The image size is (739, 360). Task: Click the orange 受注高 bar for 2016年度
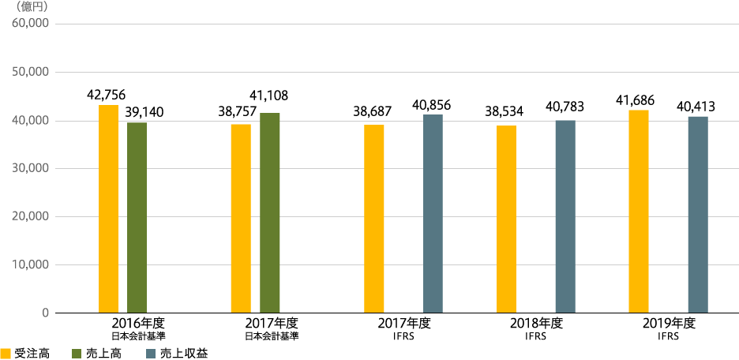[x=108, y=209]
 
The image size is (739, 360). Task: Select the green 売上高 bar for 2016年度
[x=137, y=217]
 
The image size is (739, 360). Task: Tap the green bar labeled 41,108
[x=269, y=213]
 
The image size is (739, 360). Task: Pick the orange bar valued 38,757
[x=241, y=219]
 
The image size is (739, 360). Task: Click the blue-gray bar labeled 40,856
[x=433, y=213]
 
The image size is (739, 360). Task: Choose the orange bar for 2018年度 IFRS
[x=506, y=219]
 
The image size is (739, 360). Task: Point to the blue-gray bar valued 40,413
[x=698, y=215]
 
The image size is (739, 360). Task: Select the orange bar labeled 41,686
[x=639, y=212]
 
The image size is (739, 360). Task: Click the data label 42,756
[x=106, y=96]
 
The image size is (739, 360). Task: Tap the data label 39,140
[x=144, y=111]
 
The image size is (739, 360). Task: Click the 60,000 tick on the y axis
[x=31, y=24]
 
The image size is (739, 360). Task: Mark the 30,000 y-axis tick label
[x=31, y=168]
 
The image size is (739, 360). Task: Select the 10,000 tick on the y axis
[x=31, y=264]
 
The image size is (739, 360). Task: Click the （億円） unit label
[x=32, y=7]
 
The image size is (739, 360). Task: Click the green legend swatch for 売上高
[x=77, y=354]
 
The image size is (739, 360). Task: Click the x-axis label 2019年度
[x=666, y=323]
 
